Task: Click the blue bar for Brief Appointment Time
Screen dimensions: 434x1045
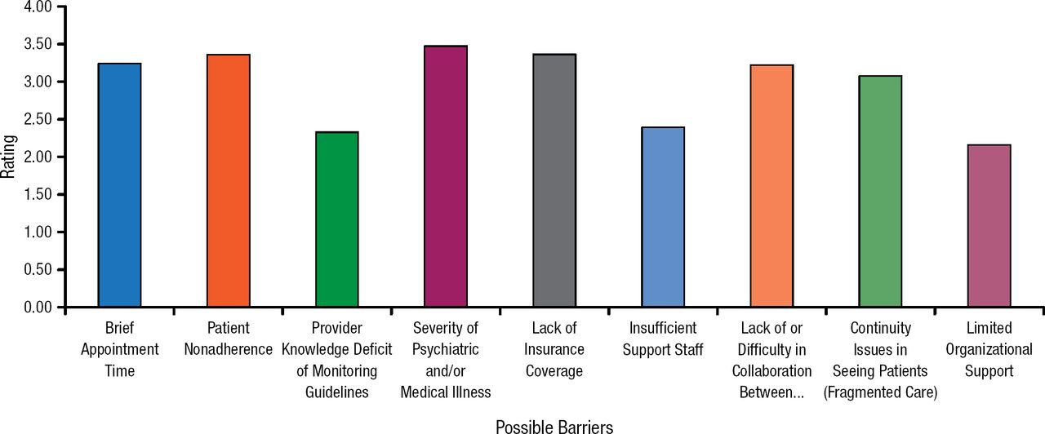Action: point(119,185)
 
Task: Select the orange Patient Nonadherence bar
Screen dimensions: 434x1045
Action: point(228,180)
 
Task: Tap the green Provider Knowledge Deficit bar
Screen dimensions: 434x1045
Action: point(336,219)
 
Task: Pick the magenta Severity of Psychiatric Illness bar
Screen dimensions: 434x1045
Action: point(445,176)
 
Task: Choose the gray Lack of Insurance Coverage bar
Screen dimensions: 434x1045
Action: point(554,180)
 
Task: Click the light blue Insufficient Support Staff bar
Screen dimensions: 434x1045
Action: point(663,217)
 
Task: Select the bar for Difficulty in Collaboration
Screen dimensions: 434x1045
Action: point(772,186)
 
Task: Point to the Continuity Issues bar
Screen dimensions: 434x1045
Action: point(880,192)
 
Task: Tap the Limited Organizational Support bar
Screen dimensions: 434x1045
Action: point(989,226)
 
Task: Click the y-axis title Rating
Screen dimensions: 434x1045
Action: point(8,157)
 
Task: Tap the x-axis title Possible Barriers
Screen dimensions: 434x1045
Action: point(554,426)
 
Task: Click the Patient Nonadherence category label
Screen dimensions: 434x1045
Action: point(228,339)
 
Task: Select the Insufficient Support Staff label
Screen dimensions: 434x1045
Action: point(663,339)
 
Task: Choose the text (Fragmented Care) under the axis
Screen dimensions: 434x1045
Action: point(880,392)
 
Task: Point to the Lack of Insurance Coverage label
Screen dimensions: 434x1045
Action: point(554,349)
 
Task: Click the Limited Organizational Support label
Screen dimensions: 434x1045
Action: point(989,349)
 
